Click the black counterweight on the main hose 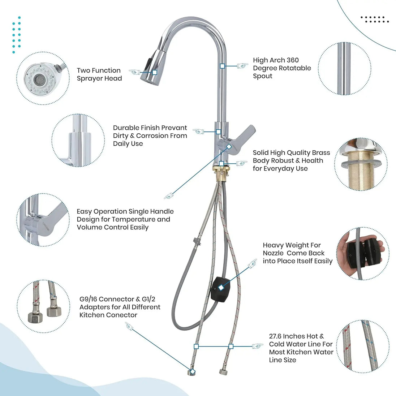[x=220, y=289]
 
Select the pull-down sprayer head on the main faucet [x=152, y=67]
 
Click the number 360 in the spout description [x=293, y=60]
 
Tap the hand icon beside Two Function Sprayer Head [x=135, y=72]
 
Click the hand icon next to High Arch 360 [x=242, y=66]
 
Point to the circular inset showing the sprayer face [x=43, y=78]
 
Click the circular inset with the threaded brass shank [x=361, y=164]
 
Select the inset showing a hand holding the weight [x=363, y=253]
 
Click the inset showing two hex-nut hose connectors [x=43, y=306]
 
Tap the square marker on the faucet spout [x=222, y=66]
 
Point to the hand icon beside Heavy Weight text [x=252, y=264]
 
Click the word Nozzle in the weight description [x=274, y=253]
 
